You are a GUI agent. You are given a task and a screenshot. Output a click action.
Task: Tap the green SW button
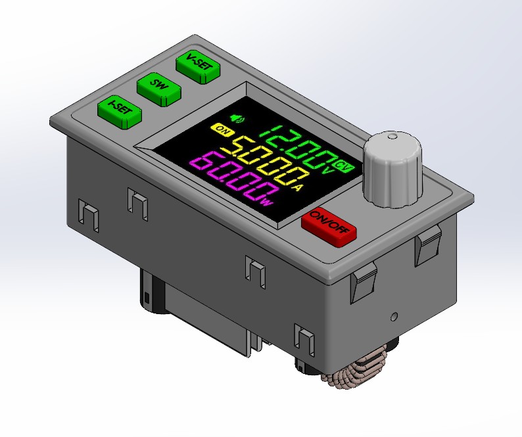coord(159,89)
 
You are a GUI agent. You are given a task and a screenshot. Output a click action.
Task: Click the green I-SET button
coord(120,112)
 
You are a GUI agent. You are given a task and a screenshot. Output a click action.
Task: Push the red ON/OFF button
coord(329,228)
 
